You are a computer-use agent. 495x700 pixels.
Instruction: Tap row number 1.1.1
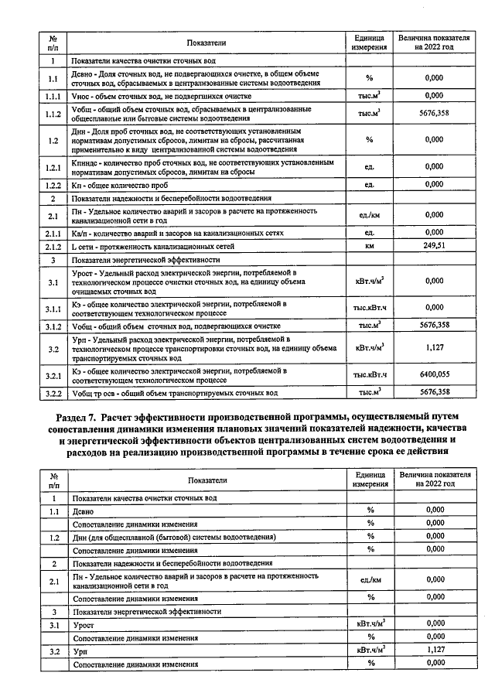[x=52, y=96]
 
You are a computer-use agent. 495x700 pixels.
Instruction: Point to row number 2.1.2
[x=52, y=246]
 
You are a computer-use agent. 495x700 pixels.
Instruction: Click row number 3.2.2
[x=52, y=392]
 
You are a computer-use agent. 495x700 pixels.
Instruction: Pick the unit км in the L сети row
[x=370, y=246]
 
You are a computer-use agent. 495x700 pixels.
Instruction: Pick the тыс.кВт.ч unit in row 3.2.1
[x=370, y=375]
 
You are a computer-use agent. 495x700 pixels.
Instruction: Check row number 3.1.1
[x=52, y=308]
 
